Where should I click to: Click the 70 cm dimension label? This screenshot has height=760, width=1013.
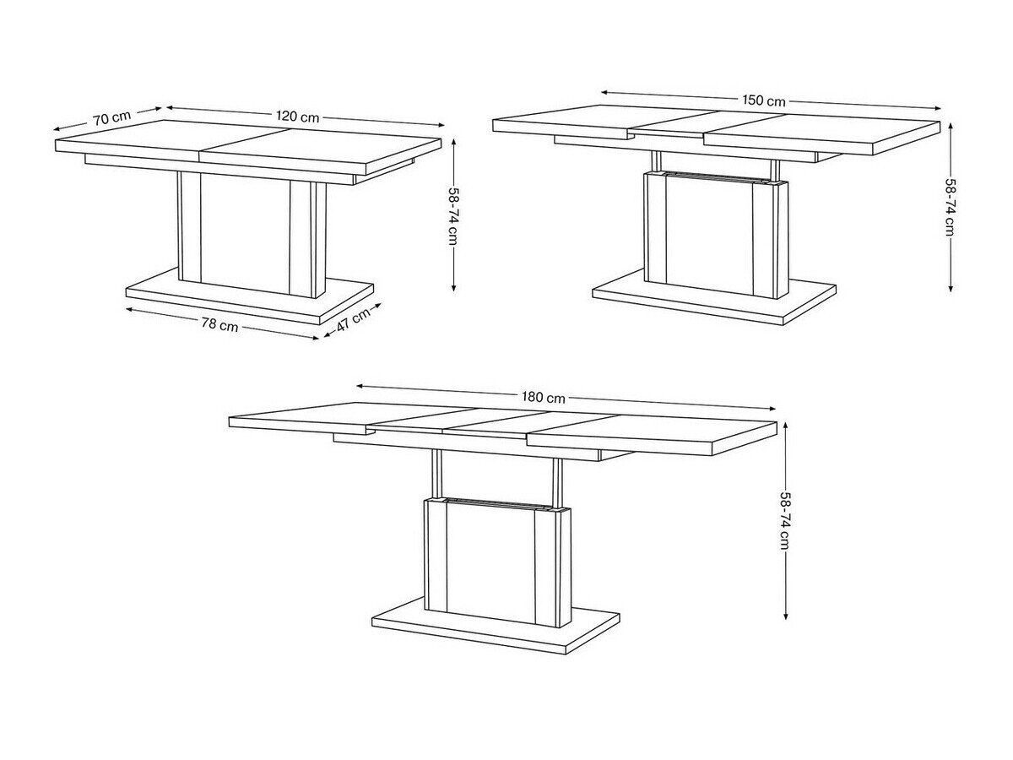tap(112, 117)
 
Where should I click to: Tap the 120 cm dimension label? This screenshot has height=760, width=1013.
tap(297, 117)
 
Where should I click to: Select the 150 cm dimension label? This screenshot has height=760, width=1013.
tap(764, 100)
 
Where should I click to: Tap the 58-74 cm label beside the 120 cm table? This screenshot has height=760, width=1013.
tap(453, 214)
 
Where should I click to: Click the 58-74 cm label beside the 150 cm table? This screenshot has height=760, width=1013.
tap(951, 207)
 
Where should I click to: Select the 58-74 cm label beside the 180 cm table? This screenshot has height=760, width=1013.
tap(785, 519)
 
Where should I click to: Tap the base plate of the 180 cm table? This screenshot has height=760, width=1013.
tap(498, 629)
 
